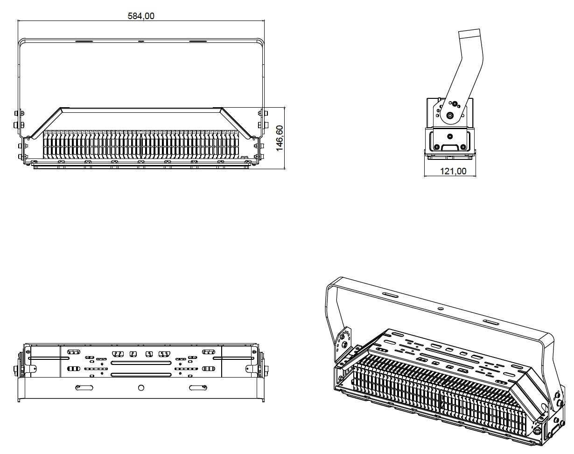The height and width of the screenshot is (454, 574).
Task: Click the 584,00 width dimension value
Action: click(141, 16)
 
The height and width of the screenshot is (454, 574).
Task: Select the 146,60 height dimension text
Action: click(280, 138)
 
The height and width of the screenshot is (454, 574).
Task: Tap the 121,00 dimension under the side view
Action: click(453, 171)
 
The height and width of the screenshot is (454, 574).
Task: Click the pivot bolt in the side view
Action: click(450, 116)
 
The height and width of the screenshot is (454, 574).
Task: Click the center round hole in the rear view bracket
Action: click(141, 387)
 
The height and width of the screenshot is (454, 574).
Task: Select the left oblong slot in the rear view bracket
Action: click(84, 387)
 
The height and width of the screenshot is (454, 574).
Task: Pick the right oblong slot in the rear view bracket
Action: click(198, 387)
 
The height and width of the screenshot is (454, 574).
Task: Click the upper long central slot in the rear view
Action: click(140, 362)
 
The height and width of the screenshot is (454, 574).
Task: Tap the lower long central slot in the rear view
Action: click(140, 374)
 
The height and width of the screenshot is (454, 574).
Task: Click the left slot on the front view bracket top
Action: click(84, 41)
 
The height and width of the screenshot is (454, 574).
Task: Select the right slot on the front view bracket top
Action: click(198, 41)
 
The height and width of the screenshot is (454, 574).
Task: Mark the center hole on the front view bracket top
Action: click(141, 41)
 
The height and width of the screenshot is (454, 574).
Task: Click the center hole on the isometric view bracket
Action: click(439, 308)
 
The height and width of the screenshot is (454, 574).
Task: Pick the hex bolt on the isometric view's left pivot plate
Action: click(344, 344)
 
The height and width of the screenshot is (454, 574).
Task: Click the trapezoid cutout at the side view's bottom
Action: click(450, 148)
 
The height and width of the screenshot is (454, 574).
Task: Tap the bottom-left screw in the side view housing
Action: click(436, 147)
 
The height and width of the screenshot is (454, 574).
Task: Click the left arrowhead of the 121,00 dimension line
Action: click(426, 176)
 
